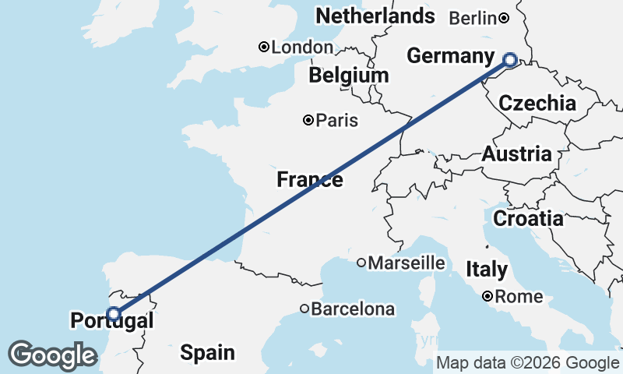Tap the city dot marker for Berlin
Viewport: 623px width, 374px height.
(x=504, y=18)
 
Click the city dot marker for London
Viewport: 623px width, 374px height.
(x=264, y=48)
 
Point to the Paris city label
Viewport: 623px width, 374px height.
(x=338, y=120)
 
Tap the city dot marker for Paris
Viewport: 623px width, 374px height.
(x=308, y=120)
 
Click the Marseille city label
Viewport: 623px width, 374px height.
(x=407, y=263)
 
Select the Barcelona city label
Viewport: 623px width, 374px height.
(x=353, y=309)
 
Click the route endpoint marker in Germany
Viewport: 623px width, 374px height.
(x=510, y=60)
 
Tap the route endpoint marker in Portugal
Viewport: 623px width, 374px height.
(x=114, y=314)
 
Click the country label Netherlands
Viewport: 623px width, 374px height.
(x=375, y=16)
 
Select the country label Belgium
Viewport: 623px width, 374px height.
(x=348, y=76)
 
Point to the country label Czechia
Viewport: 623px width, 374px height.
(x=537, y=103)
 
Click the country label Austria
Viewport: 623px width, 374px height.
(x=516, y=154)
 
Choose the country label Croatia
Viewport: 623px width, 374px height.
(x=528, y=218)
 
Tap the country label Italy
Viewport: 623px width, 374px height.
(x=487, y=270)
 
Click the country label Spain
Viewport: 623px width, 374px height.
(x=207, y=353)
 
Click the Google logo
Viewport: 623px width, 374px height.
(x=52, y=355)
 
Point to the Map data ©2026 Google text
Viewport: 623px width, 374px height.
(x=527, y=362)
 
